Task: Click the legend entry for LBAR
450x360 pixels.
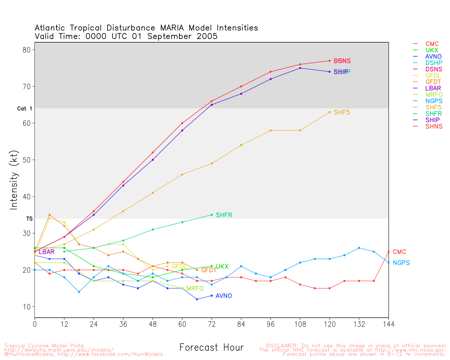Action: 432,88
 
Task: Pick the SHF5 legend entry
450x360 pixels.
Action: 433,107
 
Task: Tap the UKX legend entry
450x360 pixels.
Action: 432,50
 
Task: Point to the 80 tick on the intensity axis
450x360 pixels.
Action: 27,50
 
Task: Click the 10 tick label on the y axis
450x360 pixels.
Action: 27,307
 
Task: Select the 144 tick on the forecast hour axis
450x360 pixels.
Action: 388,324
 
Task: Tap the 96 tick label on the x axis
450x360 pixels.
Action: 270,324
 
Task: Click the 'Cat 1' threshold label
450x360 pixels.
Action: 25,109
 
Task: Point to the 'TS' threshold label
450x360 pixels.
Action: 29,219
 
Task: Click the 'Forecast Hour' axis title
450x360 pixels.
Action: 211,348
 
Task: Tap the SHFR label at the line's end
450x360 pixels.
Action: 224,215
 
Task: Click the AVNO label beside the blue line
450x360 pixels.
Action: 224,296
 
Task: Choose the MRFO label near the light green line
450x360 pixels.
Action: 195,289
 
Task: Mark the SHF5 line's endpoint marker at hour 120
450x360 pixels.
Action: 329,112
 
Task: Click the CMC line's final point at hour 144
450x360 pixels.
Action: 388,251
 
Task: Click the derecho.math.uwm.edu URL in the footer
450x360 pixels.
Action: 59,350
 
